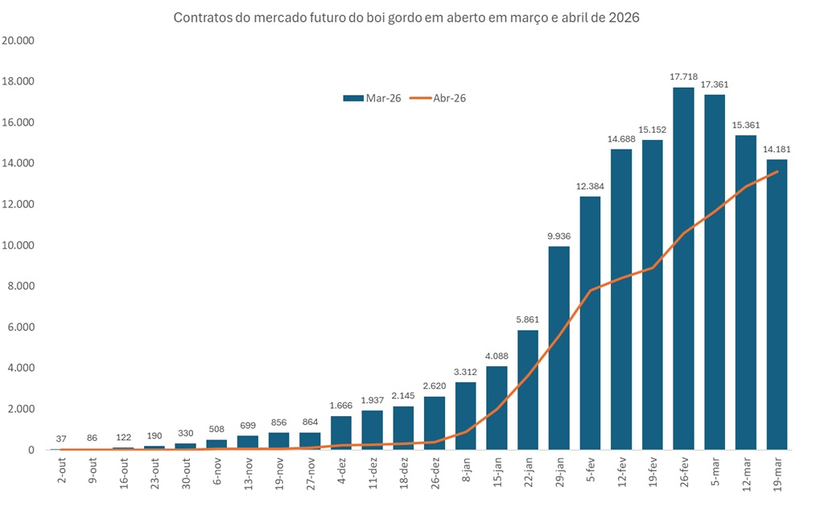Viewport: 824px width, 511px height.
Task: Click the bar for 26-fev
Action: pyautogui.click(x=683, y=269)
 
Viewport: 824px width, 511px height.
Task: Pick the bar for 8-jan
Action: pyautogui.click(x=465, y=416)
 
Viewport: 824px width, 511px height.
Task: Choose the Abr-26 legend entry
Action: pyautogui.click(x=439, y=98)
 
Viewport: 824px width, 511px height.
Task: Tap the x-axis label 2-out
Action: pyautogui.click(x=61, y=469)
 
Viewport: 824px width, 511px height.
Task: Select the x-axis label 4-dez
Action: pyautogui.click(x=340, y=469)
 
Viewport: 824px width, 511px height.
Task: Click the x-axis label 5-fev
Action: pyautogui.click(x=589, y=469)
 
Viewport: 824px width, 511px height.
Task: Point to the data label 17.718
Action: pyautogui.click(x=683, y=76)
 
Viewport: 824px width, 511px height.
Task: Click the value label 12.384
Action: pyautogui.click(x=590, y=186)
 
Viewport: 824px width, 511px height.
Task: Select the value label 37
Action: pyautogui.click(x=61, y=439)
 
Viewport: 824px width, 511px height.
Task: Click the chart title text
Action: pyautogui.click(x=406, y=18)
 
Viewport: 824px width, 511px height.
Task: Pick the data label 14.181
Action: pyautogui.click(x=777, y=149)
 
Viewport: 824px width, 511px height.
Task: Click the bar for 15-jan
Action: pyautogui.click(x=496, y=408)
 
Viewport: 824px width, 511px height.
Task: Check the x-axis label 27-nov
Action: pyautogui.click(x=310, y=471)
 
